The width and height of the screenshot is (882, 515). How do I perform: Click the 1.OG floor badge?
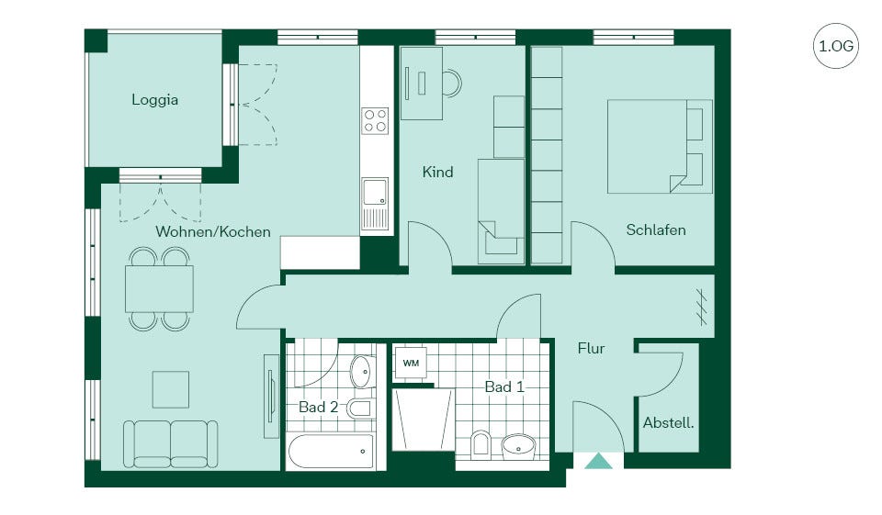coord(835,46)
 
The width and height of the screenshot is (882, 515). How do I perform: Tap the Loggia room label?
coord(154,100)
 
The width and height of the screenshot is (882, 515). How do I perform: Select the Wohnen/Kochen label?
coord(213,231)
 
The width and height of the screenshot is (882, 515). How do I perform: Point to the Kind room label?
coord(437,172)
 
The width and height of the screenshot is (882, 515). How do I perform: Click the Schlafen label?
coord(656,230)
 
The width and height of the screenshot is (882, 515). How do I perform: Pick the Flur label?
coord(591,349)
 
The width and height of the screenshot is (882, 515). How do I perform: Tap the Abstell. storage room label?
coord(668,423)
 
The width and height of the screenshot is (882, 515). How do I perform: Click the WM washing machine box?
coord(412,364)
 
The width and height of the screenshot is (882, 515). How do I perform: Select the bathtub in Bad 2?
coord(331,451)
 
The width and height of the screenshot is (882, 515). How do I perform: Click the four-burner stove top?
coord(375,120)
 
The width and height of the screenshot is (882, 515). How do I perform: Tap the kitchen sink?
coord(375,192)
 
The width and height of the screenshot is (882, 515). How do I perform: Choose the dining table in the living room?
coord(159,288)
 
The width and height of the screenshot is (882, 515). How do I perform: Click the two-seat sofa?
coord(171,444)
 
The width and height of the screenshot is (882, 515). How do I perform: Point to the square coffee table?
coord(171,389)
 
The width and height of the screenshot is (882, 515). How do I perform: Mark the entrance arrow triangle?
coord(598,461)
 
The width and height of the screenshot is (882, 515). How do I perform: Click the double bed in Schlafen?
coord(660,147)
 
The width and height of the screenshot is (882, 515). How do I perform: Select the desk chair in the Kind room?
coord(452,83)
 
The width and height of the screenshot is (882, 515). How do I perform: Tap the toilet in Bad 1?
coord(481,443)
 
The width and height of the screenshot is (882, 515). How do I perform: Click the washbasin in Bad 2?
coord(363,372)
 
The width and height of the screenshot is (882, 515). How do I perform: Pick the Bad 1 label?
coord(504,386)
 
